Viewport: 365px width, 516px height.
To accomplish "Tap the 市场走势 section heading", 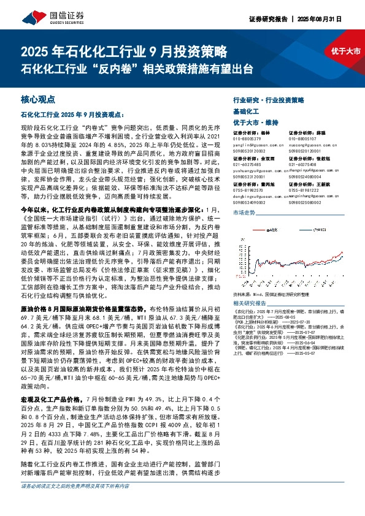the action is [x=245, y=211].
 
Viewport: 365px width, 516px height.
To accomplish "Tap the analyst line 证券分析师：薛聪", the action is [x=307, y=132].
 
